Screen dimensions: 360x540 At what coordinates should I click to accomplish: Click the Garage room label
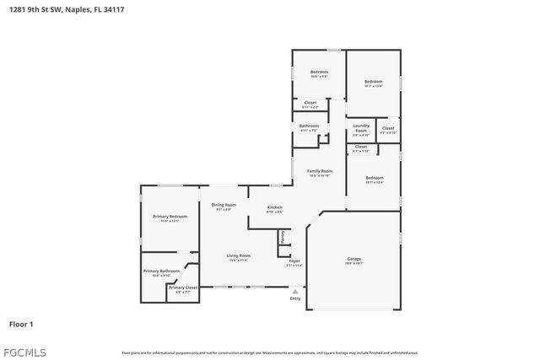tap(354, 259)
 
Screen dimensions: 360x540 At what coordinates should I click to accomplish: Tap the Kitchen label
tap(275, 207)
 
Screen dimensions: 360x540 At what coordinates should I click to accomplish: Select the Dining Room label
tap(224, 205)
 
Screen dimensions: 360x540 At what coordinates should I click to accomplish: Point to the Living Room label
tap(238, 255)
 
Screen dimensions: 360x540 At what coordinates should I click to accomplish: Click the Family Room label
tap(319, 171)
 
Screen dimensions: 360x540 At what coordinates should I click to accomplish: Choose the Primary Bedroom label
tap(170, 217)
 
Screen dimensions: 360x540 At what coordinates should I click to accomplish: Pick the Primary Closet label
tap(182, 288)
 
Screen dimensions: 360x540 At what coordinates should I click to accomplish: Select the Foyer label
tap(294, 261)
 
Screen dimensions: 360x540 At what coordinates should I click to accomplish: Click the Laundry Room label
tap(360, 129)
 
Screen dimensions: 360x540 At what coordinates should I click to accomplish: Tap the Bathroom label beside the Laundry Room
tap(309, 126)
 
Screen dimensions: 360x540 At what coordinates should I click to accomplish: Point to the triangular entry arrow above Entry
tap(295, 291)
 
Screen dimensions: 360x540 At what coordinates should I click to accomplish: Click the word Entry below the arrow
tap(295, 298)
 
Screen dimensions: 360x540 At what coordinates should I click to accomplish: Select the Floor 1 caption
tap(21, 324)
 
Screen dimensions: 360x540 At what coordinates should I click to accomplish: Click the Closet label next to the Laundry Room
tap(388, 128)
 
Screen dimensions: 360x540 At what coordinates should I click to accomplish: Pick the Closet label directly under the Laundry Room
tap(360, 147)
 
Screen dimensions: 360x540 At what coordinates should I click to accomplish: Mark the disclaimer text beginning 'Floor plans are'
tap(270, 352)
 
